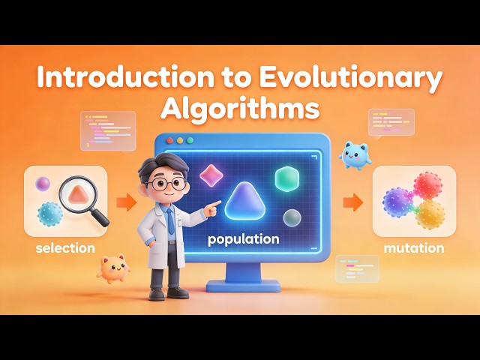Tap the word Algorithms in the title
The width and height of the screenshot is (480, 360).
[240, 109]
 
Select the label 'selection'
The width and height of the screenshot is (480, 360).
[65, 247]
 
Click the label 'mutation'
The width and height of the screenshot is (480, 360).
[414, 247]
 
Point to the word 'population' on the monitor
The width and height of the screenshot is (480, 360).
[244, 240]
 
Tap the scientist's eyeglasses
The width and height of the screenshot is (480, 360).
[163, 182]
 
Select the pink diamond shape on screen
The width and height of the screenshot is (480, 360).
[211, 175]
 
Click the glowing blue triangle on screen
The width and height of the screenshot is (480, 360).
[246, 202]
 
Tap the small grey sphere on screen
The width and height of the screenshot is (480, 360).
[292, 217]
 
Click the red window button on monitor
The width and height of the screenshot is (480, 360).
[170, 140]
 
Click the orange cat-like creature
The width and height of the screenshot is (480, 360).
[112, 268]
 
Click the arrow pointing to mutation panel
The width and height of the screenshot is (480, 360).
[353, 202]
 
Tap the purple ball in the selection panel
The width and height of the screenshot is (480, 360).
[43, 184]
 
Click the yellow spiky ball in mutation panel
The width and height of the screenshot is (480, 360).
[430, 214]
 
